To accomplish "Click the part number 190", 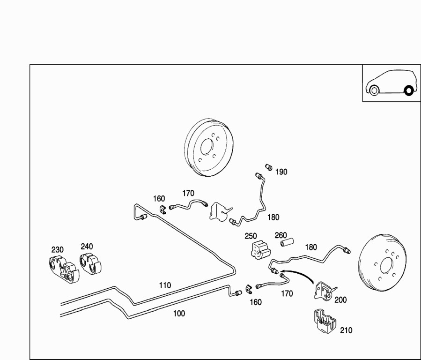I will click(281, 172).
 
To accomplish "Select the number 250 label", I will click(251, 236).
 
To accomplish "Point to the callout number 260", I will click(281, 235).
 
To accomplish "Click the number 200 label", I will click(340, 300).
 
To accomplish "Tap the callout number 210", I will click(346, 330).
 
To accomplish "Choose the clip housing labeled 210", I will click(325, 321).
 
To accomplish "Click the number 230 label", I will click(58, 250).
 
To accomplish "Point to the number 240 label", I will click(87, 246).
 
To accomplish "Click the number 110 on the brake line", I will click(165, 285).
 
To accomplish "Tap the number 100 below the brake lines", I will click(179, 314).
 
